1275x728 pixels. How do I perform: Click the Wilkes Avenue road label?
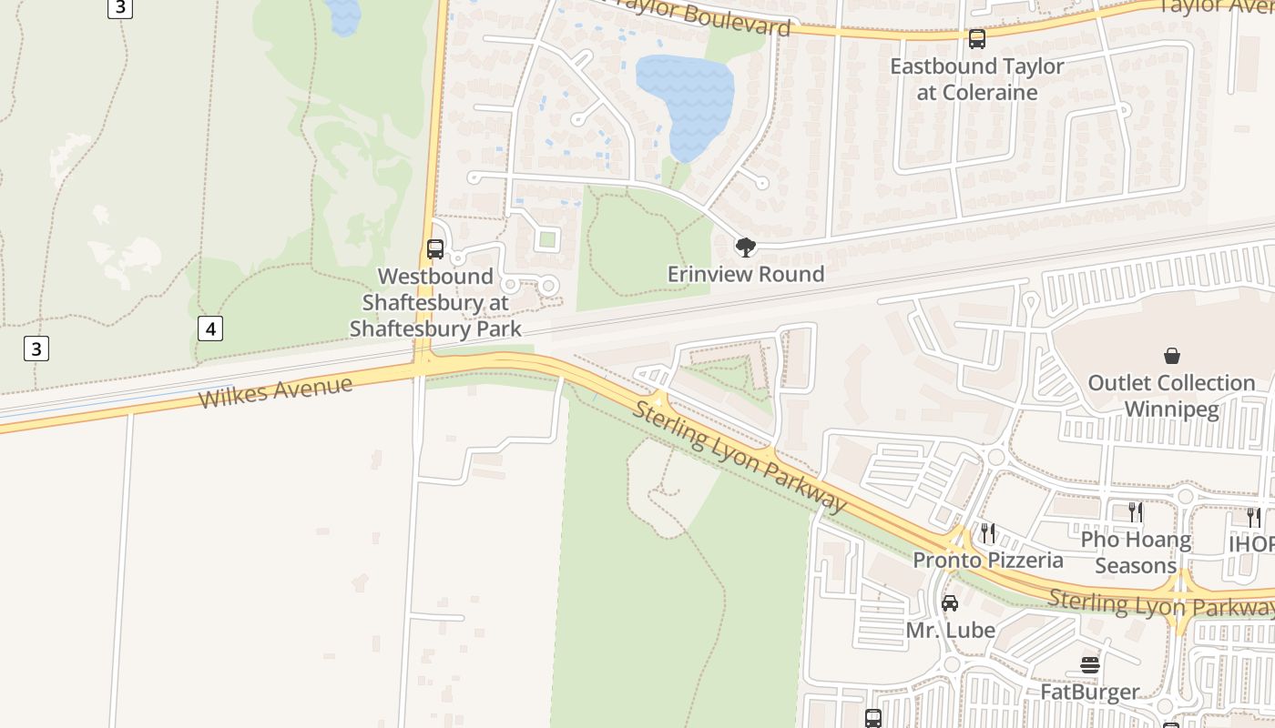point(275,392)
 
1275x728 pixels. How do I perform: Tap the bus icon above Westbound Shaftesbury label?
point(435,248)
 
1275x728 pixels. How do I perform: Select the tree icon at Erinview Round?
point(746,247)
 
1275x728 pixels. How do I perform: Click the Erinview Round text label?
point(746,274)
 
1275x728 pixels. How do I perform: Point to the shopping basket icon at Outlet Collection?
point(1171,356)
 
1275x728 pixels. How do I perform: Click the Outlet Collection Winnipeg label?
point(1171,396)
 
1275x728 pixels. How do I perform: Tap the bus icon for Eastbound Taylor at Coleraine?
point(977,39)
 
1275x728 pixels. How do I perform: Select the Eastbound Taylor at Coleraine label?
point(977,79)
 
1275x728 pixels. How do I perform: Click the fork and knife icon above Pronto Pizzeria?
point(988,532)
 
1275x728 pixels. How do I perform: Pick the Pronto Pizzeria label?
point(988,560)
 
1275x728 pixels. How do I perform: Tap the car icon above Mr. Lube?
point(950,602)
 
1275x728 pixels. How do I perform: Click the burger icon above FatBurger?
point(1090,665)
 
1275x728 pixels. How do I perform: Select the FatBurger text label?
point(1090,693)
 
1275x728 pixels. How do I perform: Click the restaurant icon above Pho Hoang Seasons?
point(1136,512)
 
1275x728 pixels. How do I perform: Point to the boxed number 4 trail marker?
point(210,329)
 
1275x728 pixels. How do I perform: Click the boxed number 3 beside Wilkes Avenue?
point(36,349)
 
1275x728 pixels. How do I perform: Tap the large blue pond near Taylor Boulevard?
point(685,100)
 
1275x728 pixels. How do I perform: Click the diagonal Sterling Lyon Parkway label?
point(739,455)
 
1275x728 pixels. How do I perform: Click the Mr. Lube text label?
point(950,630)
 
